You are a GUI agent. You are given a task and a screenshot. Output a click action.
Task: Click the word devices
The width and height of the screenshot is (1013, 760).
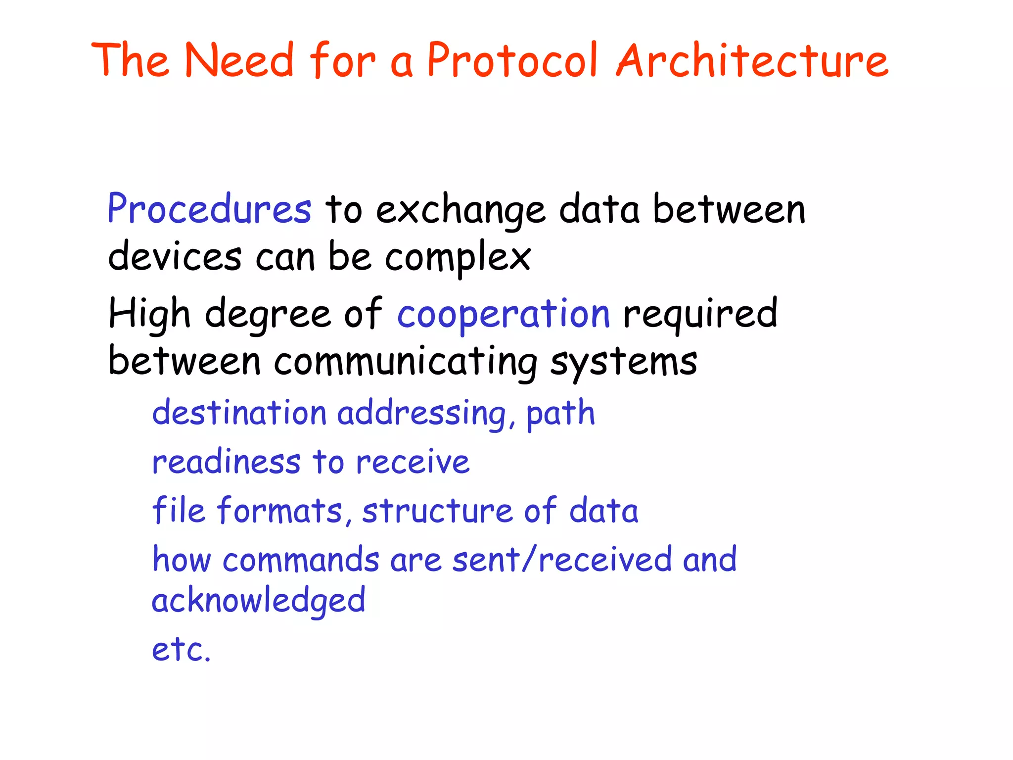point(175,257)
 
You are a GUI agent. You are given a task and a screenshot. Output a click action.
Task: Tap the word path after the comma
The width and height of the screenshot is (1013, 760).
point(560,414)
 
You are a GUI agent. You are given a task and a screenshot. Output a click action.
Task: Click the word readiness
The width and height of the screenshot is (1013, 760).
point(226,462)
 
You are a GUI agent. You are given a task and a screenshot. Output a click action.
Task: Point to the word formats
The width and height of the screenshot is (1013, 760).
point(280,511)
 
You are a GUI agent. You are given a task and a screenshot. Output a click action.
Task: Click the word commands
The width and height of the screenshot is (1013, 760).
point(301,560)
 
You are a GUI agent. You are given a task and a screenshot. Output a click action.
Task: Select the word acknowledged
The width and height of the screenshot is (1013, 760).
point(258,601)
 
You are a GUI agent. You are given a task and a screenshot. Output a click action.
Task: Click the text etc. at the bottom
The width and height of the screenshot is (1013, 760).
point(181,649)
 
